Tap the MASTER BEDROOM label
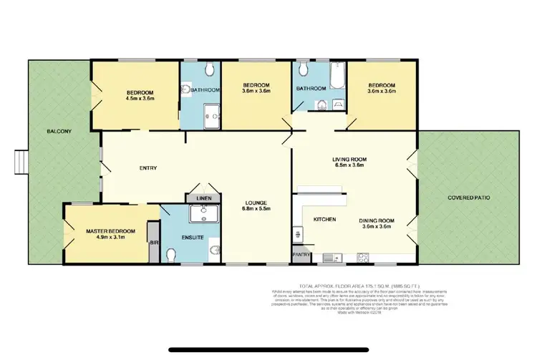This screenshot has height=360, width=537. tap(110, 230)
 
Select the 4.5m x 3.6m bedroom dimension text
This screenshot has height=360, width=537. tap(140, 101)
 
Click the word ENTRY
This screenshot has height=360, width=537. tap(147, 168)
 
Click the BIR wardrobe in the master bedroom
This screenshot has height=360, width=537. tap(153, 243)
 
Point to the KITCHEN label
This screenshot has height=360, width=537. tap(326, 219)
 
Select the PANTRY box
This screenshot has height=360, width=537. tap(300, 254)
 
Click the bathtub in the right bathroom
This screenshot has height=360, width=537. tap(336, 74)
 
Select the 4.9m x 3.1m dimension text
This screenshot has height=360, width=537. tap(110, 239)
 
